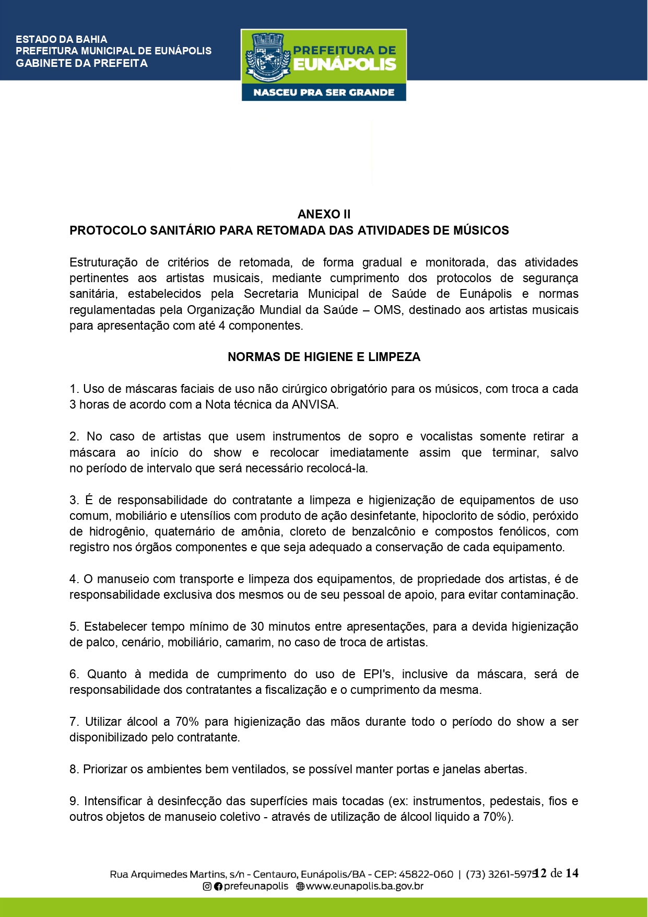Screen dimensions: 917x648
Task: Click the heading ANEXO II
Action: click(x=324, y=214)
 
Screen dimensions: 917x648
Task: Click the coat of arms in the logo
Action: click(x=267, y=57)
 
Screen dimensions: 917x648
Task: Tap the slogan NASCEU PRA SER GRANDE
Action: click(x=324, y=92)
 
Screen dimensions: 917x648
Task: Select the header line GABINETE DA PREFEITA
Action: click(x=82, y=63)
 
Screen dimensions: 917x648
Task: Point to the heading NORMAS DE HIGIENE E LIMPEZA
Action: click(x=324, y=357)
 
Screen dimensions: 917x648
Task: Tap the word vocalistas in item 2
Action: click(x=446, y=437)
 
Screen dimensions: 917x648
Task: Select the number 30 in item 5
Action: click(x=257, y=627)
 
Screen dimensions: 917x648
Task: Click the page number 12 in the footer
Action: click(x=540, y=873)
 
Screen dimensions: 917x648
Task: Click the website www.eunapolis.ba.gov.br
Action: click(x=364, y=886)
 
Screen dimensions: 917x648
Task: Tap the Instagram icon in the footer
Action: click(x=207, y=886)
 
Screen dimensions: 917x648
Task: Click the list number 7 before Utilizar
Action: click(x=74, y=722)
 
